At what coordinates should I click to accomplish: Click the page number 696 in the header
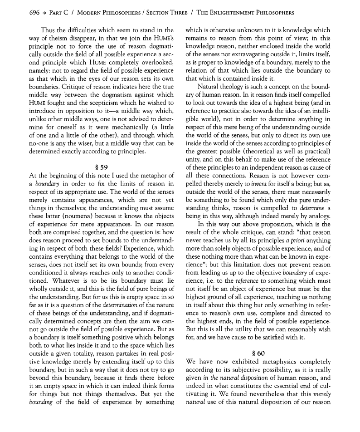(x=22, y=12)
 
